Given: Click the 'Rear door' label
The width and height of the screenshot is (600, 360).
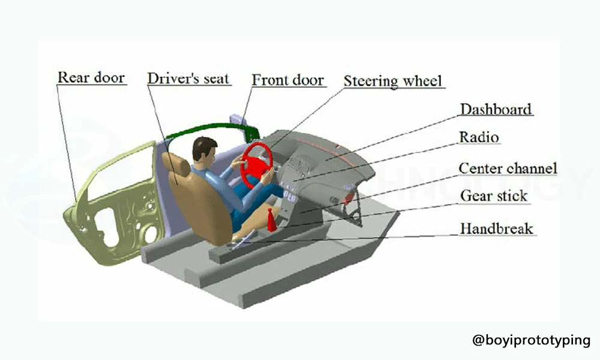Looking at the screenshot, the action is click(91, 77).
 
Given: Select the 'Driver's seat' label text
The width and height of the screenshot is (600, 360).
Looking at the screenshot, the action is click(188, 79).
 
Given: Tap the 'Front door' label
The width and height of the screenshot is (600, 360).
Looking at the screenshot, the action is click(288, 80).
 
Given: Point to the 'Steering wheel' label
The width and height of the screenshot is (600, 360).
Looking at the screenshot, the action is click(392, 81).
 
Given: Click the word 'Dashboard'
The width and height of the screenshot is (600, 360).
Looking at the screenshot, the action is click(496, 109).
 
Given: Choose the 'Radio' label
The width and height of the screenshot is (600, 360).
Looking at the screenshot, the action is click(479, 137).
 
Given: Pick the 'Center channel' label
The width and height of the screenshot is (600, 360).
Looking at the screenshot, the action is click(508, 169).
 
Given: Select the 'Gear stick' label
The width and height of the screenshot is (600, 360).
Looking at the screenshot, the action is click(494, 196).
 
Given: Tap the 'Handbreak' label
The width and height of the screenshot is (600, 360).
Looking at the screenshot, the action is click(496, 229).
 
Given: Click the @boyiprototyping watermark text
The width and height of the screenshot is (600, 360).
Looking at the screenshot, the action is click(532, 340).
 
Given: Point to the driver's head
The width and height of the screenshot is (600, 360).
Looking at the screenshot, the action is click(204, 149).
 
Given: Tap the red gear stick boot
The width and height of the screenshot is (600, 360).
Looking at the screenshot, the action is click(271, 221).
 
